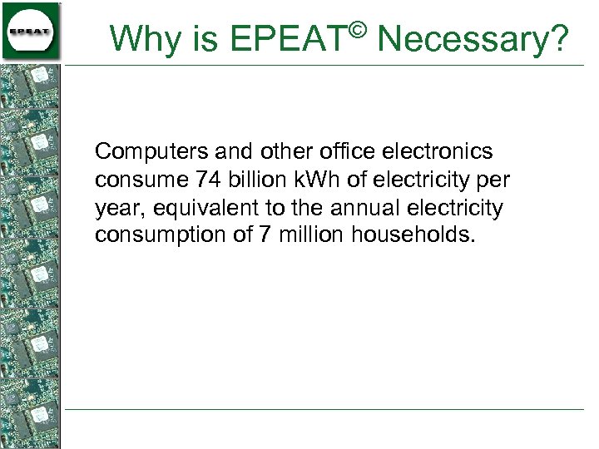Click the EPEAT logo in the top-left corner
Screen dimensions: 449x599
point(30,32)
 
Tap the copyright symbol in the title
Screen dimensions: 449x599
point(357,29)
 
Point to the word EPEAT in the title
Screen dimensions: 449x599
point(288,38)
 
